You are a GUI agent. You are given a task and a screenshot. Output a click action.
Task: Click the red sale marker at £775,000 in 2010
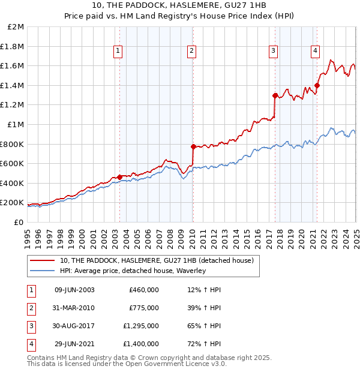pyautogui.click(x=193, y=146)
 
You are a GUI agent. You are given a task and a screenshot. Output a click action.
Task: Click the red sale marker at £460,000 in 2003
pyautogui.click(x=119, y=177)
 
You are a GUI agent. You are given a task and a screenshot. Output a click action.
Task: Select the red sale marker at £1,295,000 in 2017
pyautogui.click(x=275, y=95)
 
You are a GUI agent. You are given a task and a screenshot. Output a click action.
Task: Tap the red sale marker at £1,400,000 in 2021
pyautogui.click(x=317, y=85)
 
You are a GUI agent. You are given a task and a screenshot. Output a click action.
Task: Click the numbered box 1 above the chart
pyautogui.click(x=118, y=52)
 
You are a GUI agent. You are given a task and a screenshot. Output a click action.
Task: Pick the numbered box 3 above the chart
pyautogui.click(x=273, y=52)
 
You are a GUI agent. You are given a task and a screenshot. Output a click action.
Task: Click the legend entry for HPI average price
pyautogui.click(x=133, y=271)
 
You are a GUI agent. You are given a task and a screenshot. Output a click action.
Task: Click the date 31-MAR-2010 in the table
pyautogui.click(x=74, y=308)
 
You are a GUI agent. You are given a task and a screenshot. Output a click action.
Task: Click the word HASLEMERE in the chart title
pyautogui.click(x=173, y=5)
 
